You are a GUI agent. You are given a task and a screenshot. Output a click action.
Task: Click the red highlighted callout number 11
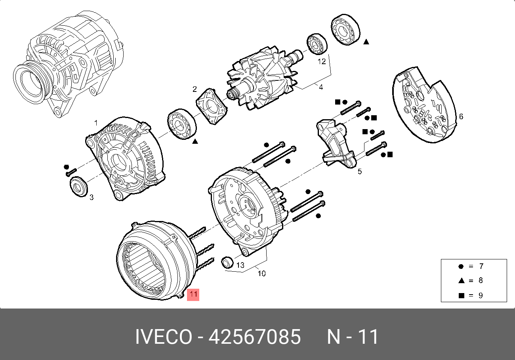pos(193,295)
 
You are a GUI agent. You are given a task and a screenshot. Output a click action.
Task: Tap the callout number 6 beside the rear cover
pos(461,116)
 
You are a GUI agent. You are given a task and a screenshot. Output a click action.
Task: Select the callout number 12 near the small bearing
pos(322,61)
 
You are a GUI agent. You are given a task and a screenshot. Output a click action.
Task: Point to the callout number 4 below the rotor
pos(321,88)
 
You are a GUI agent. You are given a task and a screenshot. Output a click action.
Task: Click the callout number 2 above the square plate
pos(195,89)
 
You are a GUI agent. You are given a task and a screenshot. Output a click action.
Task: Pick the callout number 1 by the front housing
pos(96,123)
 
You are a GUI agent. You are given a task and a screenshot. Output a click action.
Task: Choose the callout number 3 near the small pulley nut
pos(92,197)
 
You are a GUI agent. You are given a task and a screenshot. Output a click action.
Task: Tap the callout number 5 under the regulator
pos(360,171)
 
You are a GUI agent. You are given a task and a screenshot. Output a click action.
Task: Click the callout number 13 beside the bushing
pos(240,265)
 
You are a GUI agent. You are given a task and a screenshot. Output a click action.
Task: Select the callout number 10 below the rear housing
pos(261,274)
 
